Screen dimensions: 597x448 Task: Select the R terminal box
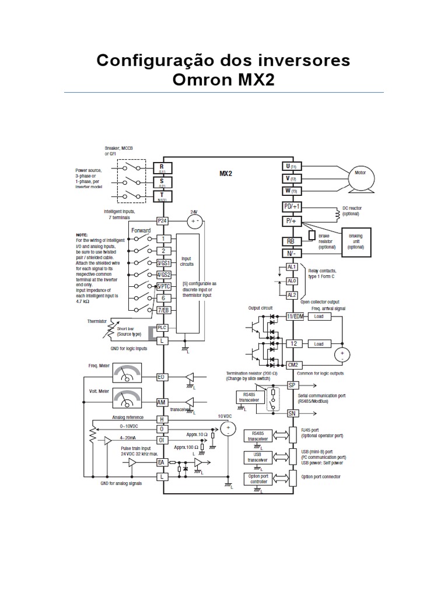[x=162, y=167]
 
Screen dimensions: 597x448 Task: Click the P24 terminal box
[x=162, y=221]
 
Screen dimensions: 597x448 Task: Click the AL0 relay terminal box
[x=292, y=281]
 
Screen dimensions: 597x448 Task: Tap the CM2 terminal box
[x=292, y=364]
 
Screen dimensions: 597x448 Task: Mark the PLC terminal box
[x=162, y=328]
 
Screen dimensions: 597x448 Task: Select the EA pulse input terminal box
[x=162, y=462]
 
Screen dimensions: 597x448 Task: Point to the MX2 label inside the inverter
[x=226, y=173]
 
